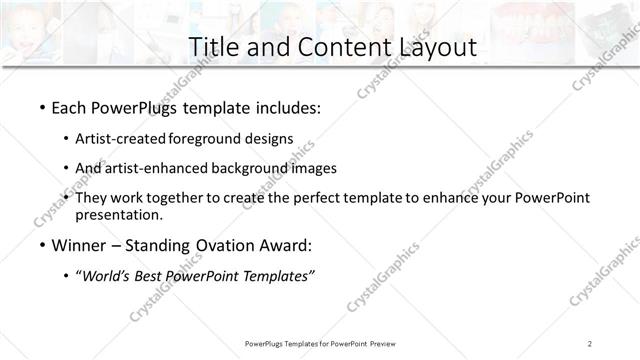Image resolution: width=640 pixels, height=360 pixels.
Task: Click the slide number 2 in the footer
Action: (x=590, y=343)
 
